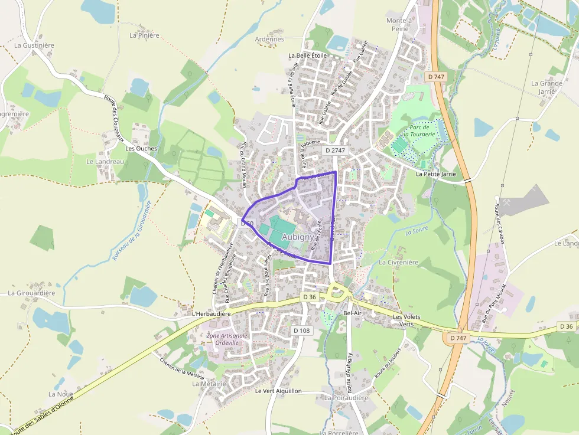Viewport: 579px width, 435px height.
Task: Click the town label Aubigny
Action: coord(298,237)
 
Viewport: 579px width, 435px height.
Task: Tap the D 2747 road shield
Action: coord(335,151)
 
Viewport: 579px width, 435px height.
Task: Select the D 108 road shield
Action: coord(301,331)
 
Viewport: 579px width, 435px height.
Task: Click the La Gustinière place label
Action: coord(34,45)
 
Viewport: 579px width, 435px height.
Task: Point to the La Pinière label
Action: coord(145,35)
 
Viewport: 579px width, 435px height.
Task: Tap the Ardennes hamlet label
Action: coord(269,40)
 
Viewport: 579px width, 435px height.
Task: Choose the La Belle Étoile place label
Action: coord(307,55)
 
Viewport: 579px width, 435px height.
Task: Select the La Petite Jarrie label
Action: coord(436,174)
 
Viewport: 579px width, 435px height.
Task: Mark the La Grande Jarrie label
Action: coord(547,87)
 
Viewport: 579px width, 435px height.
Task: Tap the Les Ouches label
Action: coord(142,149)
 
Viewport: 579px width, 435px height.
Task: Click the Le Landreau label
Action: coord(105,161)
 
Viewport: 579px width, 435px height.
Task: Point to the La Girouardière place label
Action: coord(31,293)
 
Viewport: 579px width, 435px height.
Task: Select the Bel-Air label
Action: coord(352,313)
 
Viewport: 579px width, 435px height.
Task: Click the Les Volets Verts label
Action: coord(406,320)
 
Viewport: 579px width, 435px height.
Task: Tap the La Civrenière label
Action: coord(399,262)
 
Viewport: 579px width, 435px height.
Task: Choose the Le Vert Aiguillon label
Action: coord(278,391)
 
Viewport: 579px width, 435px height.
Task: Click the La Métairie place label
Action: coord(209,384)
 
